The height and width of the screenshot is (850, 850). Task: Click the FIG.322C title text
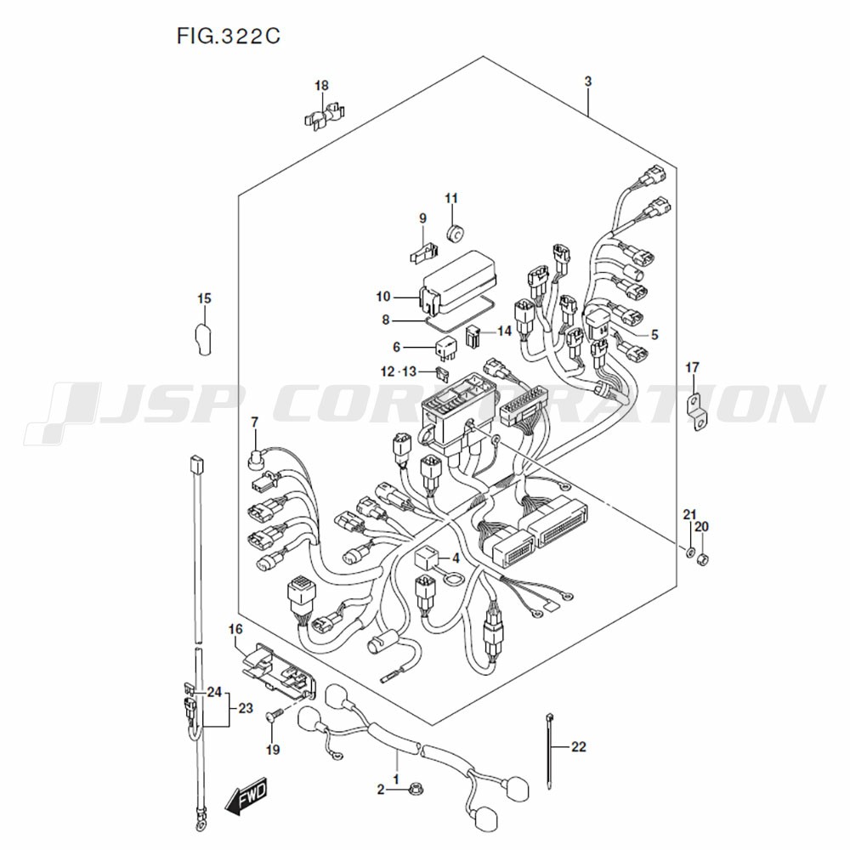[229, 37]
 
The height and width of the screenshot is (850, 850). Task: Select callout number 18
[321, 85]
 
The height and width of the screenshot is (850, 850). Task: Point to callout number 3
[587, 82]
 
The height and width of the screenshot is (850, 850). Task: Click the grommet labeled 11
[455, 230]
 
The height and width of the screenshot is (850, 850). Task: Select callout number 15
[204, 298]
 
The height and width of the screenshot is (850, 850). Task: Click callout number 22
[578, 748]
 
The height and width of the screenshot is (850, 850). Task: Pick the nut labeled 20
[703, 558]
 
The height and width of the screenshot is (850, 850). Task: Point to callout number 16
[235, 629]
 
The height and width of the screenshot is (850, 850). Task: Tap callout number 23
[246, 707]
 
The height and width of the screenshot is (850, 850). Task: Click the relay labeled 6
[447, 348]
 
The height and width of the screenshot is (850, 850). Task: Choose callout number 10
[382, 297]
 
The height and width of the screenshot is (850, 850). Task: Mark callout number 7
[254, 422]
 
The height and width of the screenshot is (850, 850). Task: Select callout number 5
[654, 335]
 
